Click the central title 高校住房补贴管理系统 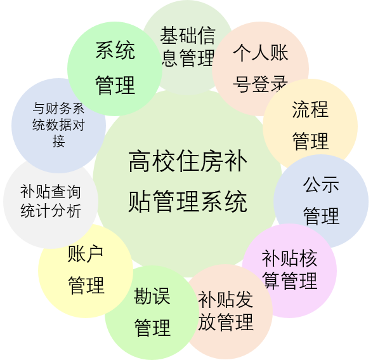[188, 181]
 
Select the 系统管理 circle [115, 69]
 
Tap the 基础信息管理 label [188, 46]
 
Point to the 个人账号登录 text [261, 68]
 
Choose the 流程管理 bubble [310, 126]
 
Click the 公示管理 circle [321, 201]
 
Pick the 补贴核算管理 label [289, 269]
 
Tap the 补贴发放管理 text [226, 310]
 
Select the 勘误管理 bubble [152, 312]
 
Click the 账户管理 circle [86, 270]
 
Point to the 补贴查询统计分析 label [51, 201]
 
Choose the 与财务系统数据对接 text [58, 124]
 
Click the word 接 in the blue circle [58, 141]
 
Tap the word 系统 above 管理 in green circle [115, 50]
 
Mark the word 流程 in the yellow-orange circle [310, 109]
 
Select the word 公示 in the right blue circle [321, 185]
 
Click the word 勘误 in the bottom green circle [152, 296]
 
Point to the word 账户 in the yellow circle [86, 254]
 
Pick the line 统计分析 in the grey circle [51, 211]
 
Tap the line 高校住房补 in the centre [188, 161]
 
